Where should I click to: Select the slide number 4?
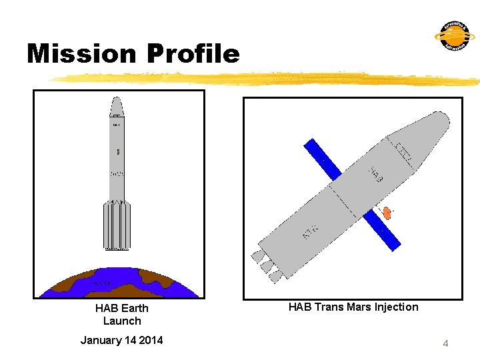(445, 343)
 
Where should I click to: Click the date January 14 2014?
(121, 340)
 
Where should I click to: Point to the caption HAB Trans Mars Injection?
(353, 307)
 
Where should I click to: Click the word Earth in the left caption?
(135, 308)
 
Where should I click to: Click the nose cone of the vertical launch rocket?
(117, 107)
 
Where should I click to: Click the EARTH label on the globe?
(100, 283)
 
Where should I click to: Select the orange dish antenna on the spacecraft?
(387, 213)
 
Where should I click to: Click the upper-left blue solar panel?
(323, 159)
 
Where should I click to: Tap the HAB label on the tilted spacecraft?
(376, 175)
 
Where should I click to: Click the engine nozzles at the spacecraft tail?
(267, 263)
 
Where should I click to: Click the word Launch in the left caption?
(122, 321)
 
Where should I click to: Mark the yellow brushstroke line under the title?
(267, 79)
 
